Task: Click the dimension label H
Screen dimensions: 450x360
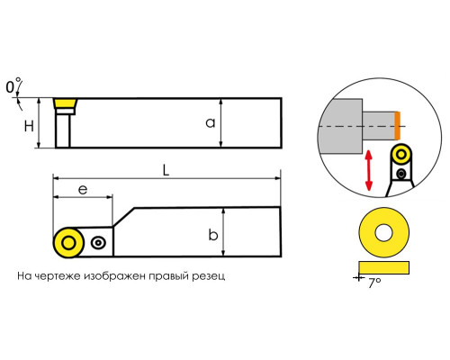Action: click(29, 126)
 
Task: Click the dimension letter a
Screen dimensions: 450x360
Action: click(211, 123)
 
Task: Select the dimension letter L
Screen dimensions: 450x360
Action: click(166, 170)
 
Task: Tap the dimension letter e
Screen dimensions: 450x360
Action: click(83, 190)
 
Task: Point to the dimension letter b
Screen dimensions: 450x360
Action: click(213, 235)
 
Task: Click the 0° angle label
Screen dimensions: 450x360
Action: click(13, 85)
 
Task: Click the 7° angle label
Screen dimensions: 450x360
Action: click(374, 283)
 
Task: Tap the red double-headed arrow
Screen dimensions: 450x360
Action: click(369, 170)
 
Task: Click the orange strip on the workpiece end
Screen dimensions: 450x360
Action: click(397, 125)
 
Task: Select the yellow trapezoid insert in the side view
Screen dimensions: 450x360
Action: click(65, 103)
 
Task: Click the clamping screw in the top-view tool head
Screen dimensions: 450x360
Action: click(98, 242)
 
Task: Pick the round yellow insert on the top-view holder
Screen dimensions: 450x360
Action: click(68, 243)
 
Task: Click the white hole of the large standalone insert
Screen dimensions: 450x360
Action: click(383, 232)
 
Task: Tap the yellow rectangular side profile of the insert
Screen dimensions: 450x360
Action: click(384, 267)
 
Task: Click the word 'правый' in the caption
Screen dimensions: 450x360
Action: click(169, 276)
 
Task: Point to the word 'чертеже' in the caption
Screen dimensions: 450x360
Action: click(58, 276)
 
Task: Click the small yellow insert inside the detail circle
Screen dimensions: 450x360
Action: click(401, 155)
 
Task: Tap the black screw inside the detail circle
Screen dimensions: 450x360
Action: click(401, 173)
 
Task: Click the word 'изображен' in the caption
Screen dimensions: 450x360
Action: click(115, 276)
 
